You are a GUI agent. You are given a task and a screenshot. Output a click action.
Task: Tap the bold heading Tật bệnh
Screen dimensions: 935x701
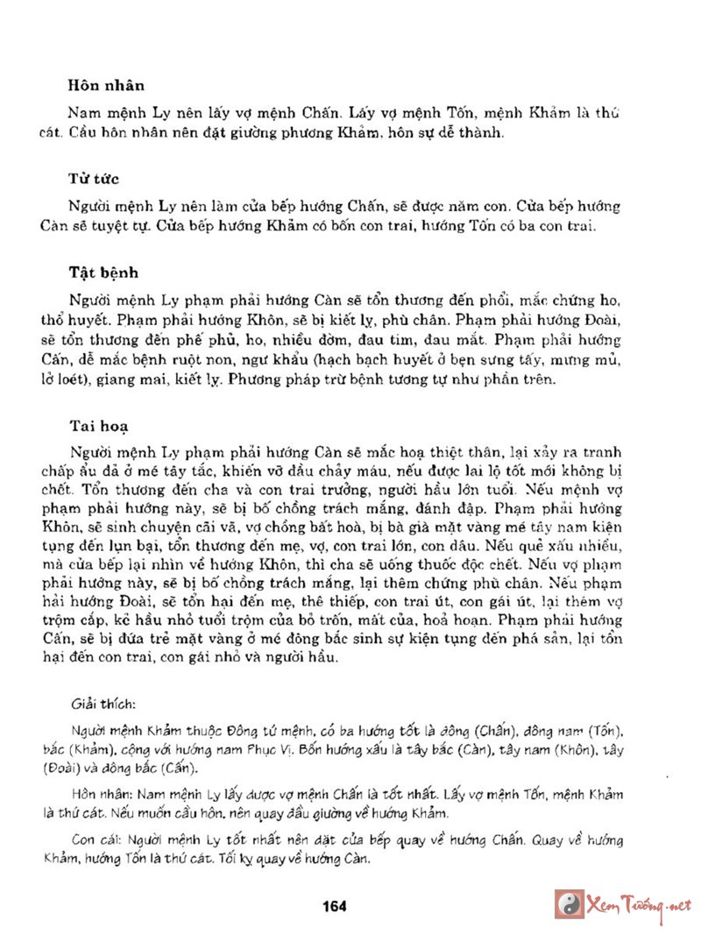click(x=103, y=272)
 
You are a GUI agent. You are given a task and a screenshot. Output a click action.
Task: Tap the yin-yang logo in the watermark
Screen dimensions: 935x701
click(x=570, y=903)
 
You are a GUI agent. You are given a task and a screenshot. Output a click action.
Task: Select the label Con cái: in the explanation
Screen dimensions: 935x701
click(x=95, y=839)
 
